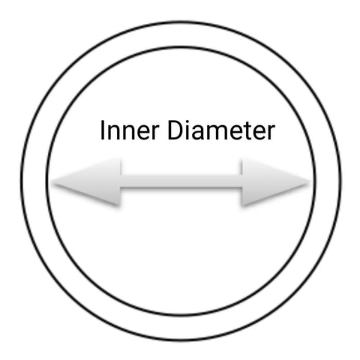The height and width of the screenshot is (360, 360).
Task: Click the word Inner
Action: (x=130, y=130)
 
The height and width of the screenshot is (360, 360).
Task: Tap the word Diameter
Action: (x=221, y=130)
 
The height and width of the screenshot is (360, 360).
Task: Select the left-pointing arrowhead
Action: (x=86, y=182)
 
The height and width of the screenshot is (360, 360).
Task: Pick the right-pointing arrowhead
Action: (x=276, y=182)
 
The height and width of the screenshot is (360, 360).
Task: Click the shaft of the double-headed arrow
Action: (x=181, y=181)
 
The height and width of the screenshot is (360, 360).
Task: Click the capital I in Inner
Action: (x=102, y=130)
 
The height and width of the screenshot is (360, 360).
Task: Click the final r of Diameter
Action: (x=271, y=133)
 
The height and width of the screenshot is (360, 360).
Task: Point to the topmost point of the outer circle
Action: (x=181, y=22)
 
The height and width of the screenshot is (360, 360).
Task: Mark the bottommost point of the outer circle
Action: (x=181, y=340)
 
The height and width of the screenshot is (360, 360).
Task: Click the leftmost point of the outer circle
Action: (x=22, y=181)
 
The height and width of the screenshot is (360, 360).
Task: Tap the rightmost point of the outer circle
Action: (x=340, y=181)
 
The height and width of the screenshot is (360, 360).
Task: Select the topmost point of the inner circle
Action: (x=181, y=47)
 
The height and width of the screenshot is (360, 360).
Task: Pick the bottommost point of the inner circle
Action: (x=181, y=315)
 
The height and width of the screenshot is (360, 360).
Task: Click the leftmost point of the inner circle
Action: (x=47, y=181)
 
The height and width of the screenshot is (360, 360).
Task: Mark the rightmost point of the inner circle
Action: (x=315, y=181)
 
